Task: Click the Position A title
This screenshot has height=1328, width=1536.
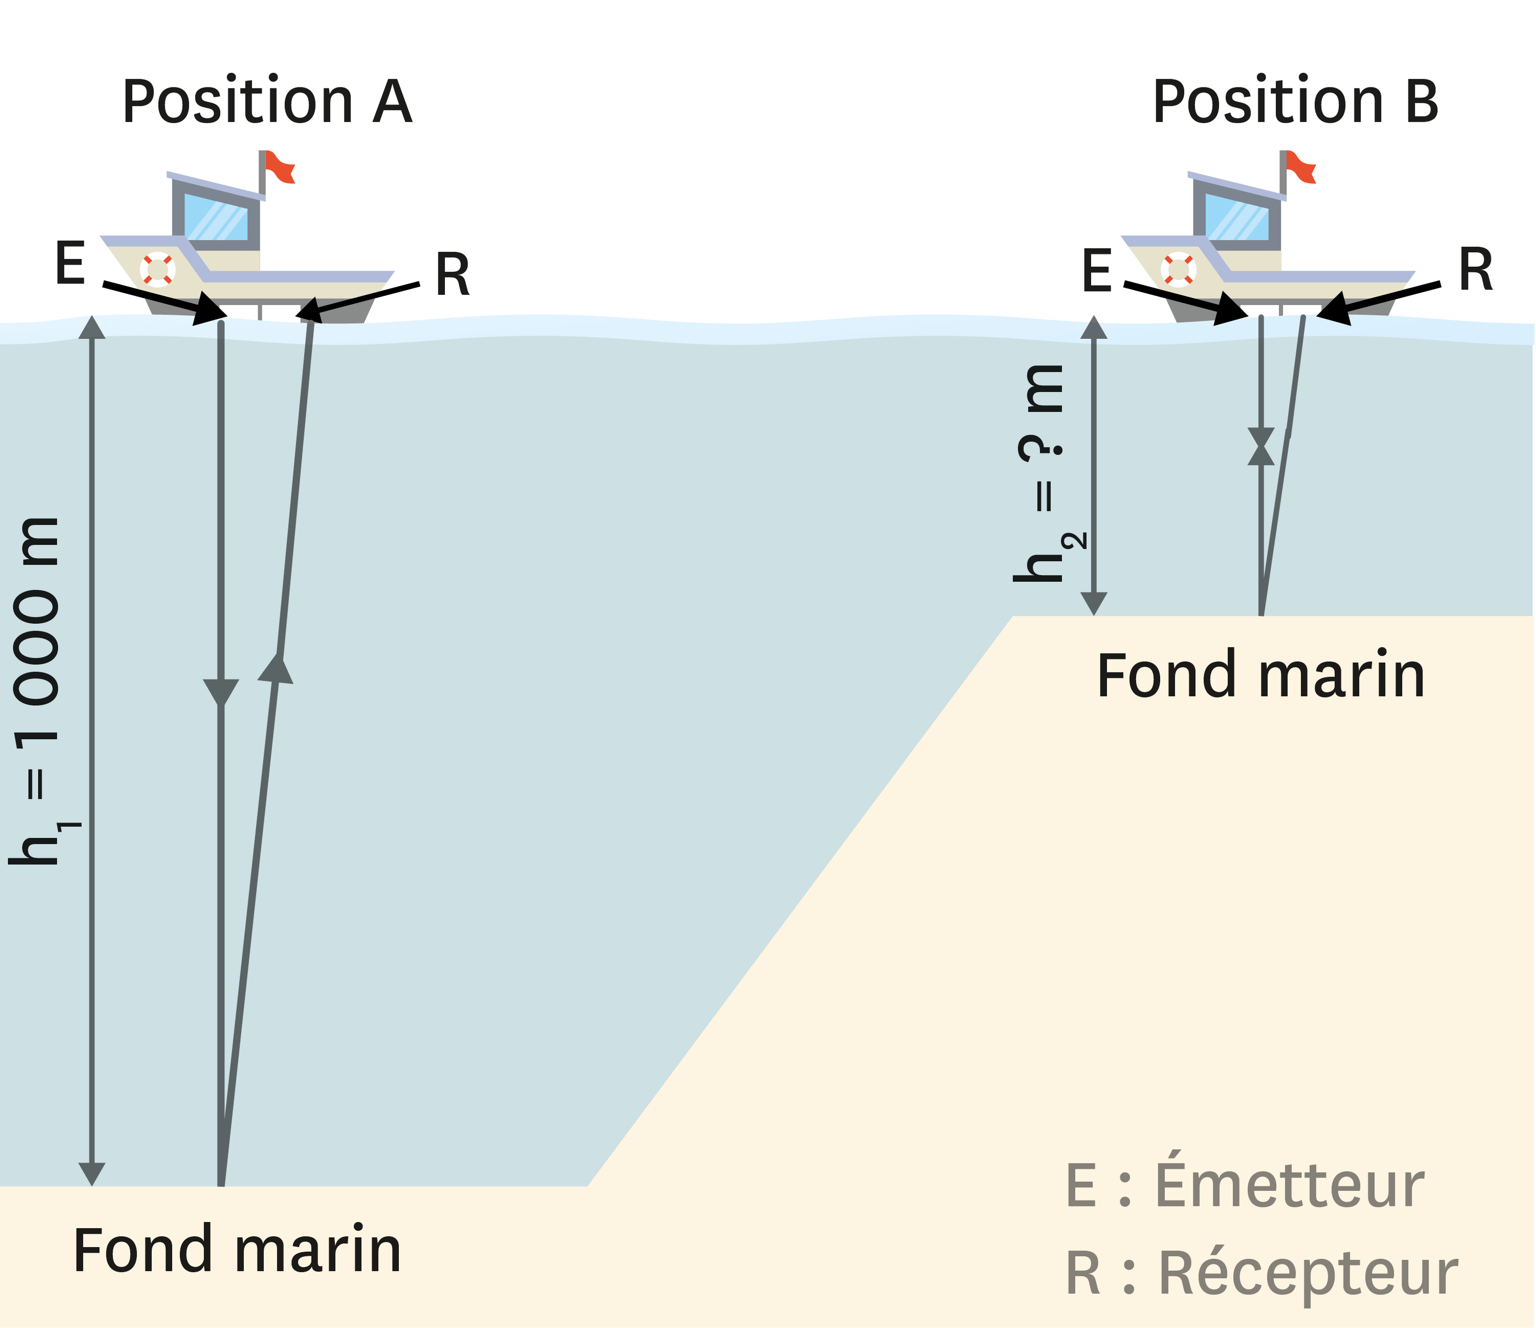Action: coord(267,102)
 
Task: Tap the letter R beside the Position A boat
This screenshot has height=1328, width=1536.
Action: coord(452,275)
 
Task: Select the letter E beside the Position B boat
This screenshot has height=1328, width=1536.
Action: coord(1097,271)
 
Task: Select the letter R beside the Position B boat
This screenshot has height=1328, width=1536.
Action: coord(1475,271)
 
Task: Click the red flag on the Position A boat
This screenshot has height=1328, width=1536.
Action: coord(280,167)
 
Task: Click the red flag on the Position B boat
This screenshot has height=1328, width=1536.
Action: coord(1300,167)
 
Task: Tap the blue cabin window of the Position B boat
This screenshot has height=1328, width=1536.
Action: coord(1236,217)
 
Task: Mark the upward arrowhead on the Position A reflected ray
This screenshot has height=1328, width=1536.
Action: coord(276,668)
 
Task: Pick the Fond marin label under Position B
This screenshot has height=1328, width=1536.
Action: coord(1260,676)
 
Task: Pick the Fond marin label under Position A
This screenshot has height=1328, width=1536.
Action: coord(237,1251)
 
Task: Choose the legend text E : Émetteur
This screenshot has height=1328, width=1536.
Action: coord(1245,1186)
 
